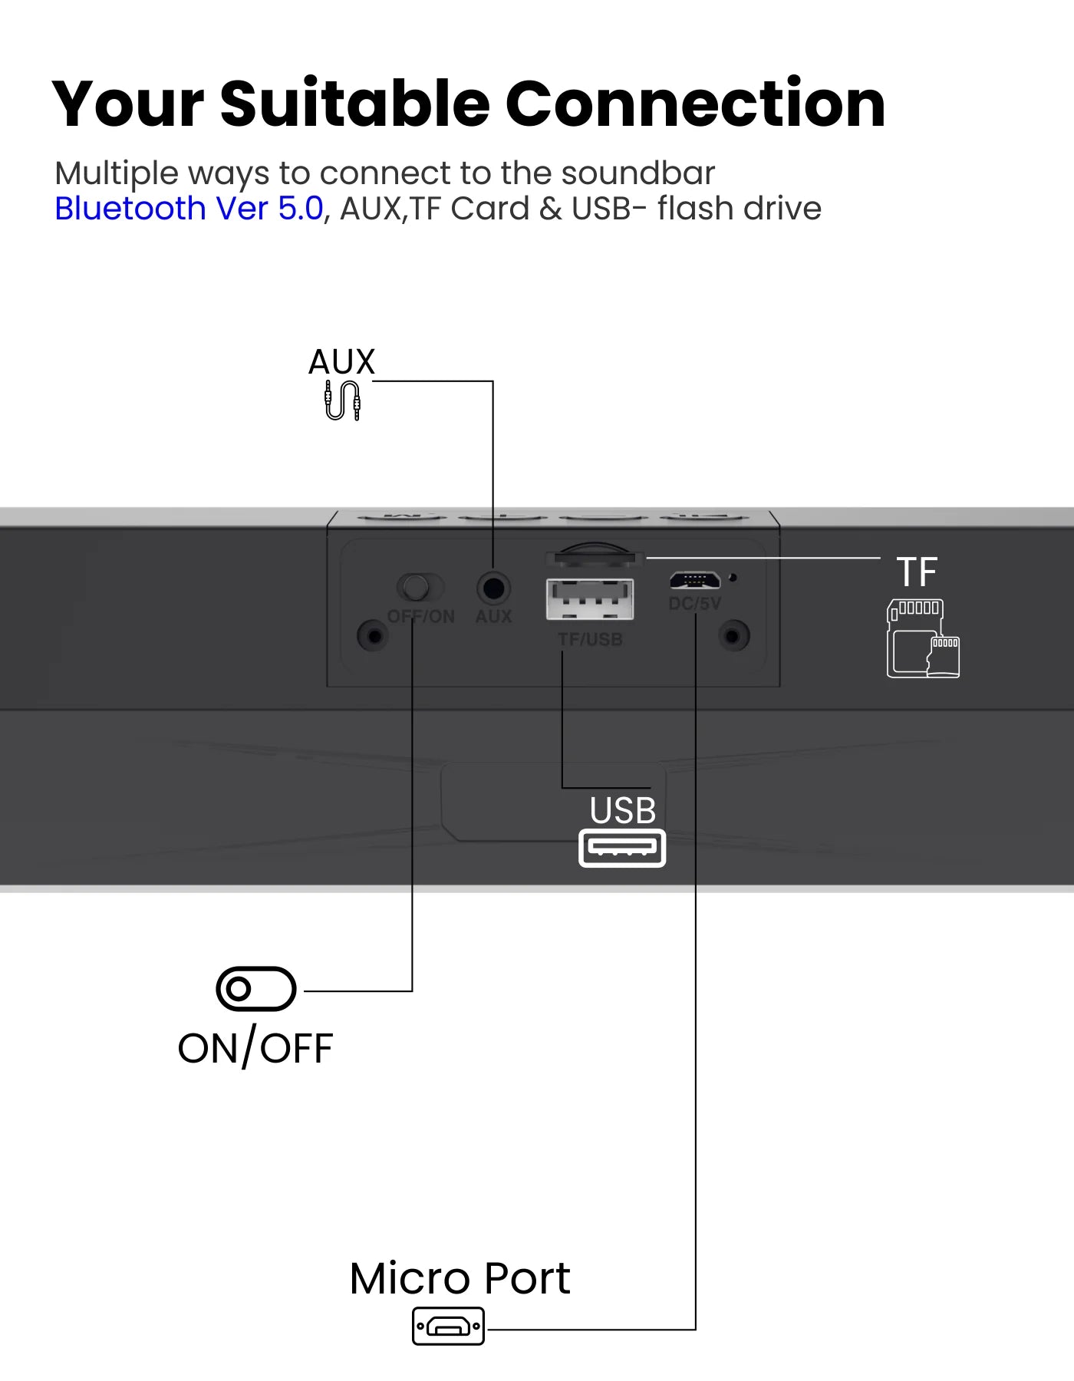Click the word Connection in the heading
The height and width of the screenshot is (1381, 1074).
695,104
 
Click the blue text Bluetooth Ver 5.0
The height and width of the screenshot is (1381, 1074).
189,209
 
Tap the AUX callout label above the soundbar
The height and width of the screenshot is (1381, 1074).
341,362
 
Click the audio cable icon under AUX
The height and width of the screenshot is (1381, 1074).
342,400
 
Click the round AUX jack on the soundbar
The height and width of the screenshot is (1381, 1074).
493,588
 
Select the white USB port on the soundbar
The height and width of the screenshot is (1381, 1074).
590,599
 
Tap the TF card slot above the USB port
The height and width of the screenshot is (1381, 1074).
593,555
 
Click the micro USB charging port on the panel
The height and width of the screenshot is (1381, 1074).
694,579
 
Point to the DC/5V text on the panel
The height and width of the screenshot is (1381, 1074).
695,604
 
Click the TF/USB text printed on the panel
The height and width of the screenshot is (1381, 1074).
590,639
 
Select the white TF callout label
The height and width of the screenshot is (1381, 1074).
917,572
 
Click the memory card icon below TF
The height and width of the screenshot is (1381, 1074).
923,638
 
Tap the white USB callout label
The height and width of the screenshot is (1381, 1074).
623,811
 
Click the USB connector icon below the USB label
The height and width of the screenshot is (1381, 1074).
622,848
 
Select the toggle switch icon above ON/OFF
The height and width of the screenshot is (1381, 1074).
256,989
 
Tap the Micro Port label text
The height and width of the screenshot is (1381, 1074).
460,1279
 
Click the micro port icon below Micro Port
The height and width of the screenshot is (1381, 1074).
449,1326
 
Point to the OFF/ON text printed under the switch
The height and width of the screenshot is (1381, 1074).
421,617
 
